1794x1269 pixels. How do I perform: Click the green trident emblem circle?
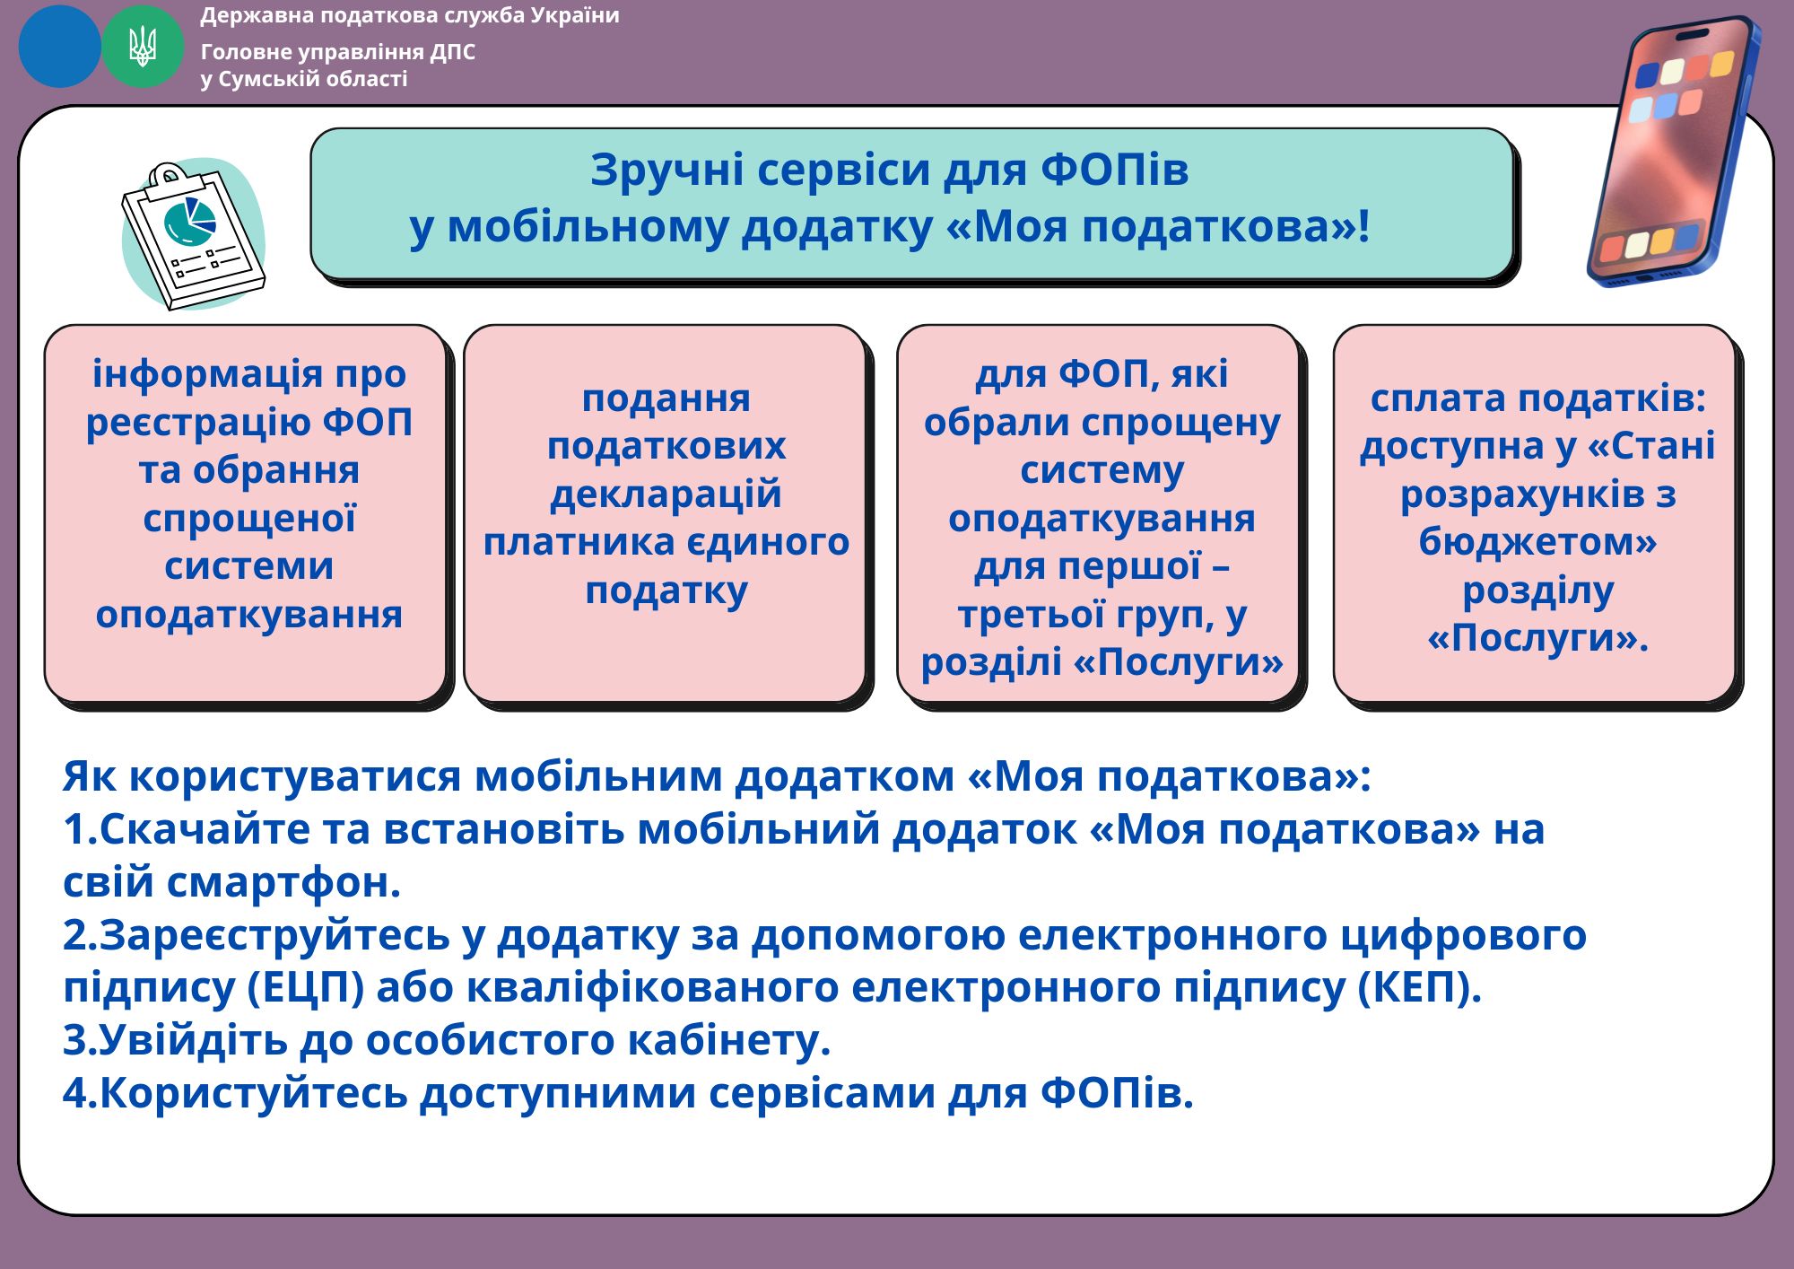tap(143, 47)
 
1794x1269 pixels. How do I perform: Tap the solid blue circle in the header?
tap(59, 47)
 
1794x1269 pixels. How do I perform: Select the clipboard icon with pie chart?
tap(194, 235)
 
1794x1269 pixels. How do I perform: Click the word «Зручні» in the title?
tap(666, 171)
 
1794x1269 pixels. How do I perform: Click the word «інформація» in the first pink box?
tap(197, 373)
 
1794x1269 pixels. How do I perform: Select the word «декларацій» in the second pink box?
tap(666, 494)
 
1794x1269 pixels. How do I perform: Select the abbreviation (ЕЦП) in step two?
tap(305, 988)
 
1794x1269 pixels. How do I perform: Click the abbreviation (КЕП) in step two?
tap(1420, 988)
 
